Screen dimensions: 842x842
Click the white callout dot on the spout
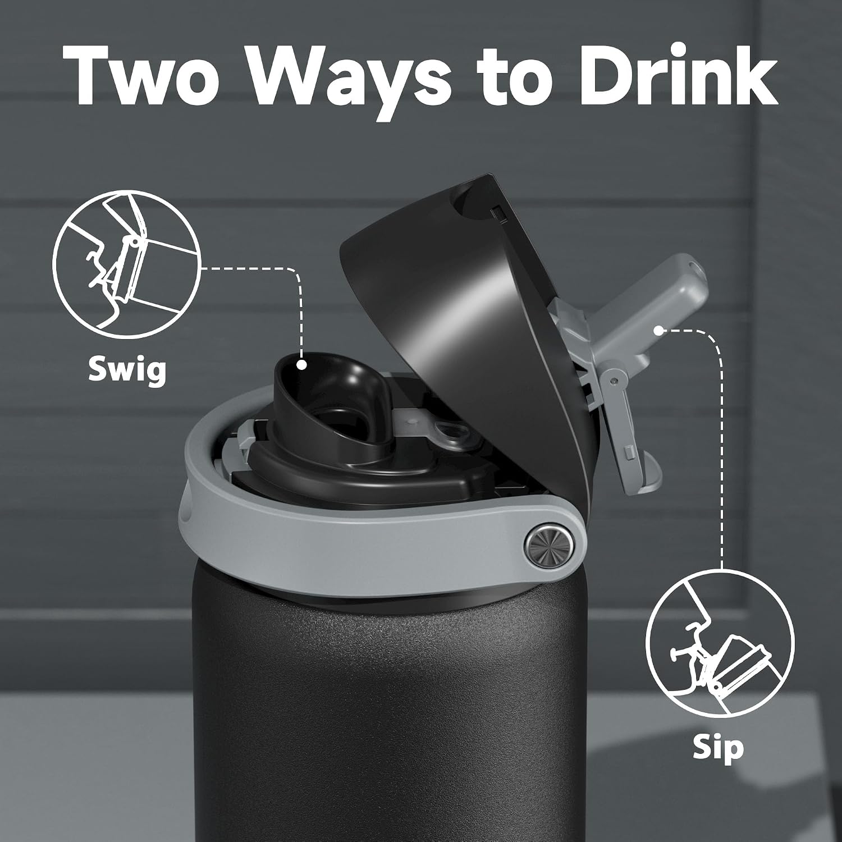click(302, 365)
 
